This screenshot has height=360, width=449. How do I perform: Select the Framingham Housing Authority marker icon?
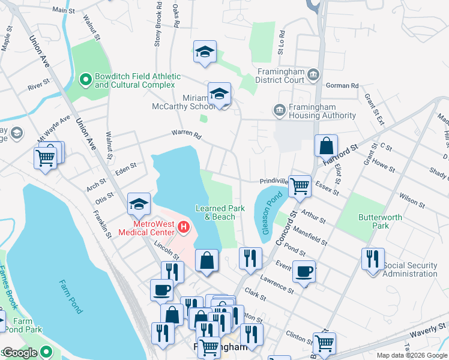click(279, 110)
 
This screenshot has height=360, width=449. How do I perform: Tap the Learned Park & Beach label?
click(220, 212)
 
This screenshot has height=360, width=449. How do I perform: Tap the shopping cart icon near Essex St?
click(299, 186)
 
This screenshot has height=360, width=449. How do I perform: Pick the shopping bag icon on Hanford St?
click(325, 146)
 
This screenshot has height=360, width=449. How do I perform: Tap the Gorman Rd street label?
click(342, 86)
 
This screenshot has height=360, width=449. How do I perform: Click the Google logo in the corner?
click(20, 353)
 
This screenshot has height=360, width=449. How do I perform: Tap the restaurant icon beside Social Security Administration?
click(373, 259)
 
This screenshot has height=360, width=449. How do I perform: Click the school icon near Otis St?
click(139, 204)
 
